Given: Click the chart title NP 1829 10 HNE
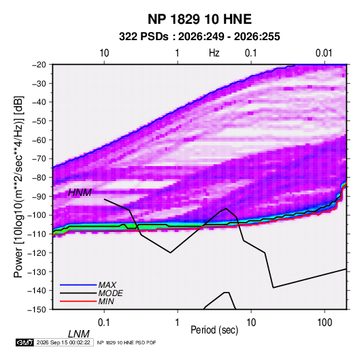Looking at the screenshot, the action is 199,19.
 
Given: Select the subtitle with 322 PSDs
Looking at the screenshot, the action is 199,37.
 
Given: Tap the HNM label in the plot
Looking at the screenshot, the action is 80,193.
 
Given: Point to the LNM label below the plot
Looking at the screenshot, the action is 79,334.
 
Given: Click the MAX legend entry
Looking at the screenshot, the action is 107,284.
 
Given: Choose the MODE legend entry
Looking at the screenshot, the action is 110,293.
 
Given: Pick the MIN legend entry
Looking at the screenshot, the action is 106,301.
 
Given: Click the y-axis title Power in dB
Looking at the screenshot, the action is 18,187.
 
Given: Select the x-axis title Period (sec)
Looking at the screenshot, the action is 214,330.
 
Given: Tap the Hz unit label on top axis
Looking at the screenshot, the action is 214,53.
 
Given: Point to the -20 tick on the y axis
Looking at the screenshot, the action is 39,65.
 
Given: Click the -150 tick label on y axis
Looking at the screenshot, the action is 37,310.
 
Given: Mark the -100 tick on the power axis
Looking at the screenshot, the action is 37,215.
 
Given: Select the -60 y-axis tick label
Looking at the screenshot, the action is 39,140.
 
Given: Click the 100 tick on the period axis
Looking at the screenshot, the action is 325,323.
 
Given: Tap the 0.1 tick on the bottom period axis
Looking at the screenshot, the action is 103,323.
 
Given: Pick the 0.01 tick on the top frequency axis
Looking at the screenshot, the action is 324,53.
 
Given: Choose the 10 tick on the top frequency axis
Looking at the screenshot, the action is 104,53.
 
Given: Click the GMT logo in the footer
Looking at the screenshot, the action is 25,342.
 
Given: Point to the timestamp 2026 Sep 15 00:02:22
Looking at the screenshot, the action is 63,342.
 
